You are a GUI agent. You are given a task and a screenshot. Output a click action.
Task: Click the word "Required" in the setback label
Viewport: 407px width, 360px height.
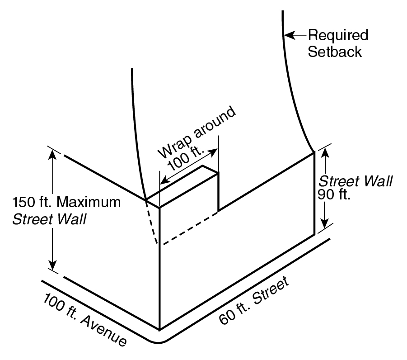click(338, 35)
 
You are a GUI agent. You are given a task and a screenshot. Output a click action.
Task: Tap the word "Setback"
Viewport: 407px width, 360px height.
click(334, 52)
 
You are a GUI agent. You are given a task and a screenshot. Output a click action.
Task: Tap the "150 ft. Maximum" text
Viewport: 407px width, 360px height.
click(67, 202)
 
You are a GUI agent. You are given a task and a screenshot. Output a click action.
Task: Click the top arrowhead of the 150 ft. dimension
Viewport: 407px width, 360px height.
click(53, 154)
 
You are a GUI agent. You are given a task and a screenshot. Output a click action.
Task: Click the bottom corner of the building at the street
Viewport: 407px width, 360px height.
click(159, 329)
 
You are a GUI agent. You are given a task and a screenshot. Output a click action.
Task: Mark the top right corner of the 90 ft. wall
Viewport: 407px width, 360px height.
click(314, 153)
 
